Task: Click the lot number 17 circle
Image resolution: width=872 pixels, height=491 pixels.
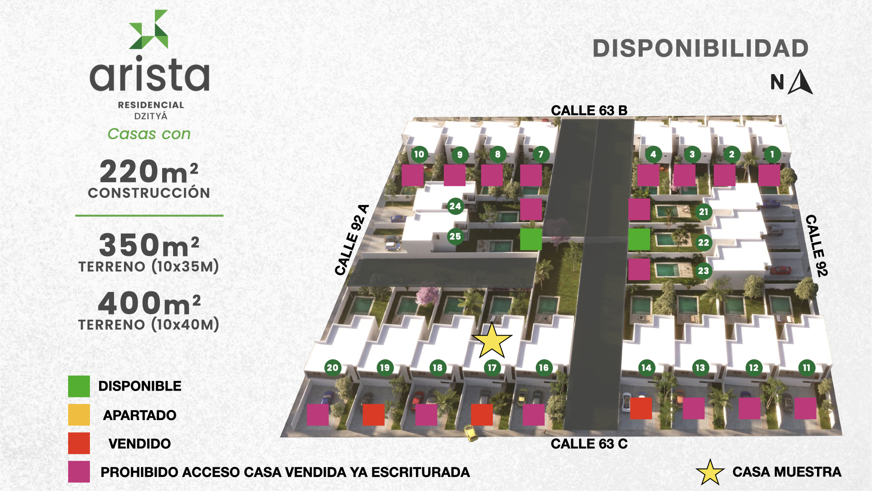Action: coord(492,367)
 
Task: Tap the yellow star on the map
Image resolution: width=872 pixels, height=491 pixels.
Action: coord(492,341)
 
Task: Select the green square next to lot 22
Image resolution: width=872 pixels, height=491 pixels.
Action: coord(639,239)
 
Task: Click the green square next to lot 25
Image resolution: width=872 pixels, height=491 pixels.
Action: coord(531,239)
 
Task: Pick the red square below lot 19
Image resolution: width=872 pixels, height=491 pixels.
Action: coord(373,415)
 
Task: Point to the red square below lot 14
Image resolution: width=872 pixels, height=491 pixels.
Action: coord(641,408)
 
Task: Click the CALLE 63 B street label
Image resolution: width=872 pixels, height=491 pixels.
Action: coord(589,110)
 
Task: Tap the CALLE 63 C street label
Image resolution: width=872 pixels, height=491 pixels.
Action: coord(589,444)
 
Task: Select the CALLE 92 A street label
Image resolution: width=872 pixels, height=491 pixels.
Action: coord(352,240)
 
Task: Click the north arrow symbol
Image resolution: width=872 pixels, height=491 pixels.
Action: coord(801,83)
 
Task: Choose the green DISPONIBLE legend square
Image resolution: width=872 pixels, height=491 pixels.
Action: coord(79,386)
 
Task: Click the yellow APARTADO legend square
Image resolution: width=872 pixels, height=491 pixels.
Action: coord(79,415)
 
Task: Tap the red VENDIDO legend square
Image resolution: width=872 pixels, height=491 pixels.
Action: coord(79,443)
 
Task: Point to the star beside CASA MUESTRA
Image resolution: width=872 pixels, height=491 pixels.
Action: coord(710,472)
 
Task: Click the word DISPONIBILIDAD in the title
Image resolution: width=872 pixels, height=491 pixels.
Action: coord(701,49)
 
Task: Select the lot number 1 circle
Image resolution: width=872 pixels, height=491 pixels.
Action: coord(772,154)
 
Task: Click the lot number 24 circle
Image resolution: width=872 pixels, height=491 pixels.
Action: coord(455,206)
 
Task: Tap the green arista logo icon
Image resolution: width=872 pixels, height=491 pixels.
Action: coord(149,29)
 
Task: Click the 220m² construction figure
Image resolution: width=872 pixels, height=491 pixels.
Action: coord(149,171)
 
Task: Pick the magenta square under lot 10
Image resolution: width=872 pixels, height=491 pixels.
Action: coord(412,175)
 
